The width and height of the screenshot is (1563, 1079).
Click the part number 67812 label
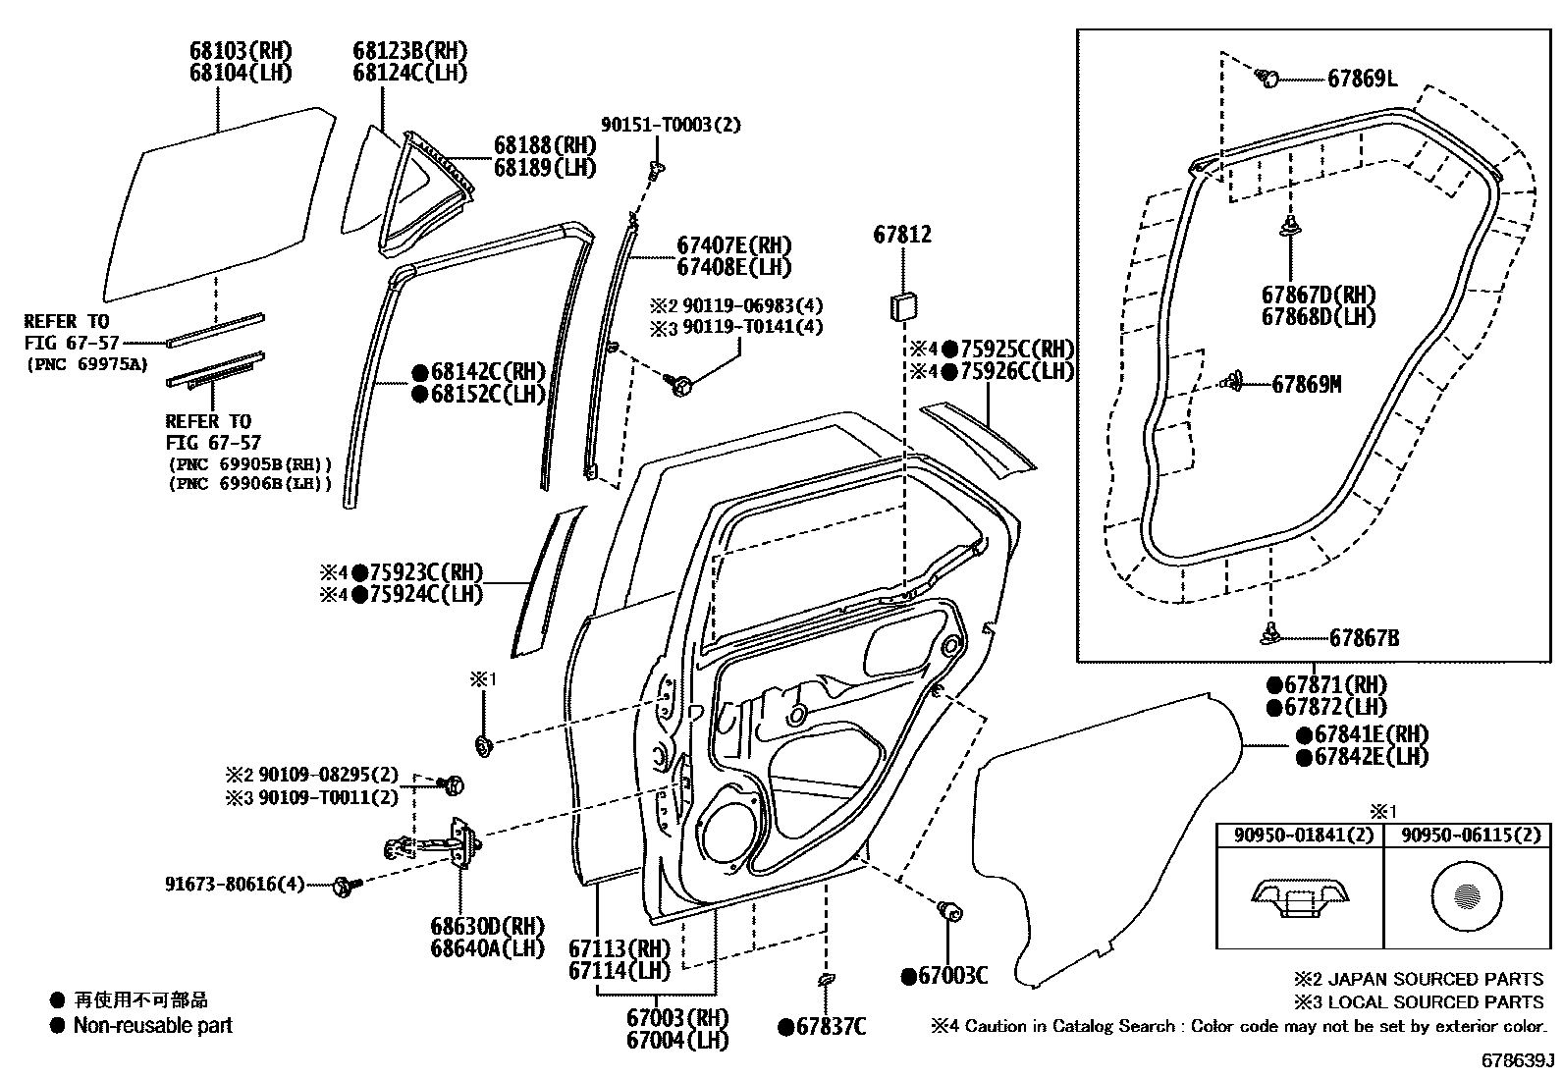902,235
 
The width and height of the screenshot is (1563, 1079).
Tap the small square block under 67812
902,304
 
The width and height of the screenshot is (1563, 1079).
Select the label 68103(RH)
241,50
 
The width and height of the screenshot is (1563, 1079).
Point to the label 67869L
1362,79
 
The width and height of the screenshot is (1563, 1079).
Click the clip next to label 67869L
1268,77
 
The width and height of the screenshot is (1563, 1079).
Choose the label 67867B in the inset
1364,638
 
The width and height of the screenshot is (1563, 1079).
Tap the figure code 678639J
1518,1061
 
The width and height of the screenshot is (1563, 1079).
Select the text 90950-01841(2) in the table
1300,836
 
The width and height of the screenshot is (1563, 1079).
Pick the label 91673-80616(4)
235,885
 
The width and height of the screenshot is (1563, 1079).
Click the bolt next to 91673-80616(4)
345,886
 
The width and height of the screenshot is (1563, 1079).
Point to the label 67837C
831,1027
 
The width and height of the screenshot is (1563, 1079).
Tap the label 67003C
952,976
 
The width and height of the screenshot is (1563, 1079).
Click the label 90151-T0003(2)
671,125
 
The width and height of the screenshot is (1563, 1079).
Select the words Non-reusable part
153,1026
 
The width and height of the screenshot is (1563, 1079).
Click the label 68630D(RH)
487,926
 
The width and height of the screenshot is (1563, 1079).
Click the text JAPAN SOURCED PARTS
1435,979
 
